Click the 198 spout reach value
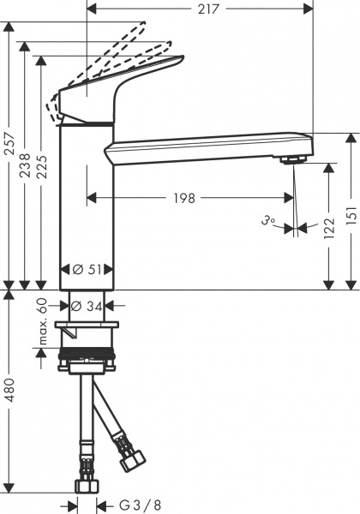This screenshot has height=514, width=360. pos(184,198)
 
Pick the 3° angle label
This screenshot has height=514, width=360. pos(268,221)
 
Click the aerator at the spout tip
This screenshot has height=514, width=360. pos(293,160)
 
